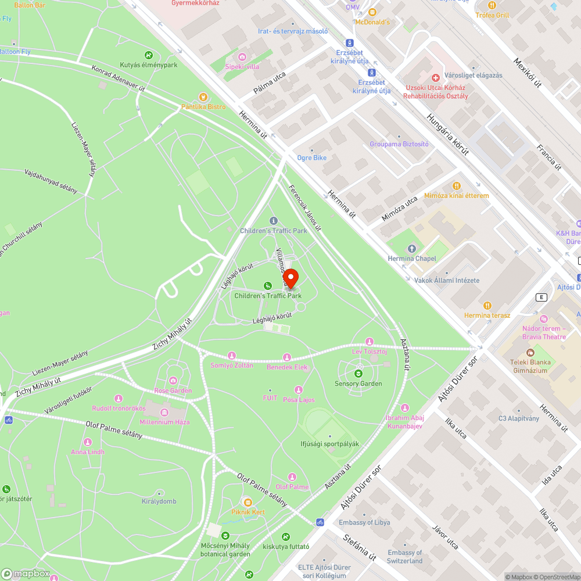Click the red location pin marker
point(290,278)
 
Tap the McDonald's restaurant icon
point(372,12)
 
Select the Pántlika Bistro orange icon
point(203,97)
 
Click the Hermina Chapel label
point(412,259)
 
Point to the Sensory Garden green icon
point(358,374)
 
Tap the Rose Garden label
point(173,390)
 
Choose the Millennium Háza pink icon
point(164,412)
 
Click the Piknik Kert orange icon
point(248,502)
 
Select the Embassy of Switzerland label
point(405,557)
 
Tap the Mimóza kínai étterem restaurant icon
point(456,186)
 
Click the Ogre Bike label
point(311,157)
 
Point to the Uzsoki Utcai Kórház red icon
point(435,78)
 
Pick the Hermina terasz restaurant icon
point(487,305)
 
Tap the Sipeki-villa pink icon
point(242,57)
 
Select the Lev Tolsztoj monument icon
point(369,342)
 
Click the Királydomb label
point(159,501)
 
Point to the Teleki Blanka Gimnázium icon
point(529,353)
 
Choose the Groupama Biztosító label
point(399,144)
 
